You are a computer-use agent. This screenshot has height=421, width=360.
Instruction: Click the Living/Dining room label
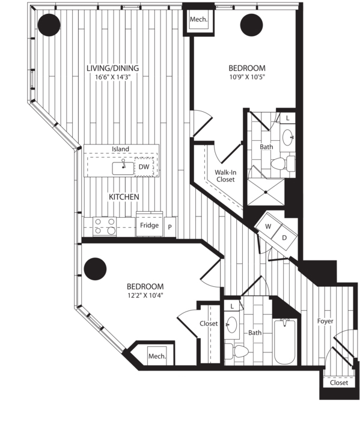(112, 68)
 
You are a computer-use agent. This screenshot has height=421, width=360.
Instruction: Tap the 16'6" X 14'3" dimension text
(112, 77)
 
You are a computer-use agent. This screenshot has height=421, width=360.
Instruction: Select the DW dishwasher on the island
(144, 167)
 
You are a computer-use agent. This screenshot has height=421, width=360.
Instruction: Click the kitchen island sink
(123, 168)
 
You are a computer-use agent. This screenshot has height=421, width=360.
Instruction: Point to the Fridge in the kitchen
(150, 225)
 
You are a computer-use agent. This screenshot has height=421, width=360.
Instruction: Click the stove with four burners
(105, 227)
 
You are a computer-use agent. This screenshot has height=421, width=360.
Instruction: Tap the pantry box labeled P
(170, 227)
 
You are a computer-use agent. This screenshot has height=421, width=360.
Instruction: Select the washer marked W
(267, 226)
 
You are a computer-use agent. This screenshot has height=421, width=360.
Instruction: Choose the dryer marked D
(284, 238)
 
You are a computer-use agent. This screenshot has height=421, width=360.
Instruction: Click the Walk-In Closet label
(225, 176)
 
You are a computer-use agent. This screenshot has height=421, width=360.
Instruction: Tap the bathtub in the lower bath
(285, 341)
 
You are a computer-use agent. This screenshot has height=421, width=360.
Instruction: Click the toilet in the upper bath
(282, 163)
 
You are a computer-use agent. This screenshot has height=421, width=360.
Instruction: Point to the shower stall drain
(266, 192)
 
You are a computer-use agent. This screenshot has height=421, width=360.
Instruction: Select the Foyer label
(325, 321)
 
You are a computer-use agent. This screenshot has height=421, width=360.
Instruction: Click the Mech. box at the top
(198, 19)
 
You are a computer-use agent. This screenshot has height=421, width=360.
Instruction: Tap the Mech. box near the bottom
(157, 356)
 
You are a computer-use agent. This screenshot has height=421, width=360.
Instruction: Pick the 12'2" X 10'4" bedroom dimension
(145, 296)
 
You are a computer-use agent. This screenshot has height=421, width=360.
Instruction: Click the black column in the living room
(49, 25)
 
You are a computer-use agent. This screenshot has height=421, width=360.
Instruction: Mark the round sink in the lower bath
(231, 324)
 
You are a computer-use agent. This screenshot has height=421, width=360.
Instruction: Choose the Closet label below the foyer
(339, 383)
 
